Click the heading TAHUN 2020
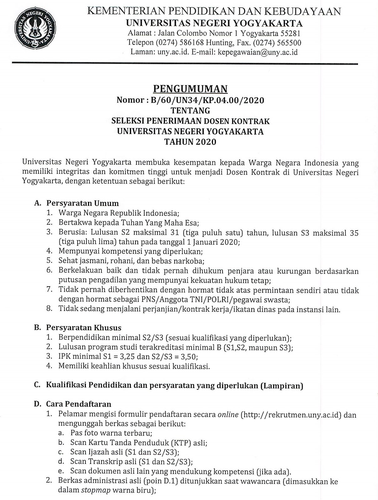pyautogui.click(x=190, y=142)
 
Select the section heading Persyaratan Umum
pyautogui.click(x=83, y=203)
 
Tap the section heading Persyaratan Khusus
pyautogui.click(x=84, y=327)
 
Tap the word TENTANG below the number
pyautogui.click(x=190, y=110)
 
